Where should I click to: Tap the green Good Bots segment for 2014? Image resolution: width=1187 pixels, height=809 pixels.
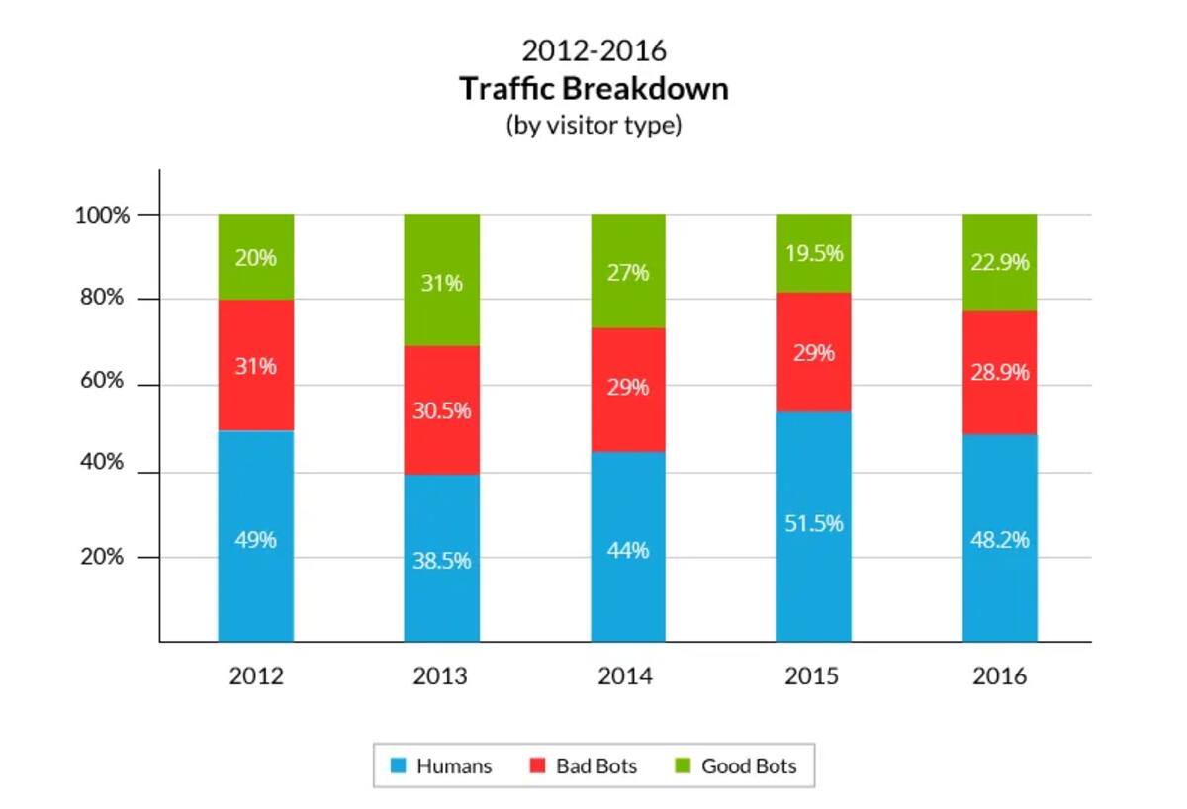coord(628,297)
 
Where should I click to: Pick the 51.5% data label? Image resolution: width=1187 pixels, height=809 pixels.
coord(813,523)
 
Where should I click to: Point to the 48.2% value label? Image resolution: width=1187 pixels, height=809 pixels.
coord(1000,540)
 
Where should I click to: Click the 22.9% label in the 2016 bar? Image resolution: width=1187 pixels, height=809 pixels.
coord(1000,263)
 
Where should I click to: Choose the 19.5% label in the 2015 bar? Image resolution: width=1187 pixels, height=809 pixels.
coord(813,253)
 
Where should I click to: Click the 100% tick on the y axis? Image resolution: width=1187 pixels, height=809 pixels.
coord(103,215)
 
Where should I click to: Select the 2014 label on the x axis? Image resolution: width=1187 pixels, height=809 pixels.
coord(626,677)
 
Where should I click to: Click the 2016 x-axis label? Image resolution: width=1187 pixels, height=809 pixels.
coord(1000,677)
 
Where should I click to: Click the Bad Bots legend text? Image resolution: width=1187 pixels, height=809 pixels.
coord(596,766)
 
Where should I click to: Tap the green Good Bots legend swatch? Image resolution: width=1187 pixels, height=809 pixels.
coord(683,765)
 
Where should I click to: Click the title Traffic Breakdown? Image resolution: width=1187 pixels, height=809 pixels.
coord(593,89)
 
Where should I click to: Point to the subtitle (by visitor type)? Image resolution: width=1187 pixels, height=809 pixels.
coord(593,126)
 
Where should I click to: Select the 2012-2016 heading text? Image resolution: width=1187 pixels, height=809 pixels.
coord(593,49)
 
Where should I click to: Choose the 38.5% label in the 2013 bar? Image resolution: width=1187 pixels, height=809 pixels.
coord(441,561)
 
